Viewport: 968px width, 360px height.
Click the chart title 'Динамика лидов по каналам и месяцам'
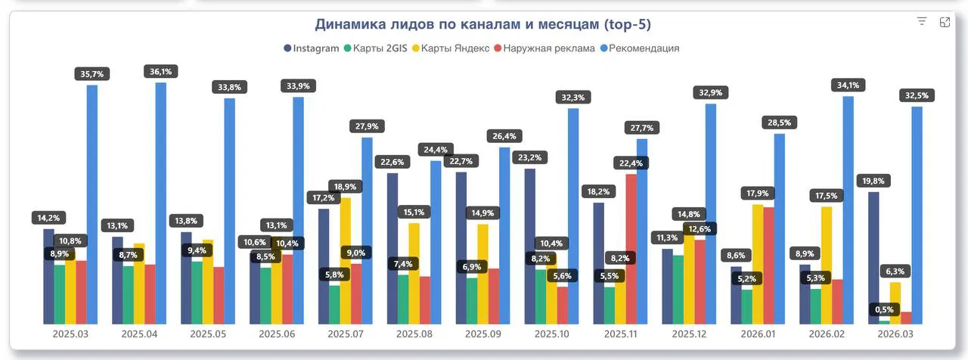[x=482, y=25]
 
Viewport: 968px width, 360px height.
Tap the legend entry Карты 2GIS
[x=376, y=48]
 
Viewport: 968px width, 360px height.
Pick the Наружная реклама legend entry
[x=544, y=48]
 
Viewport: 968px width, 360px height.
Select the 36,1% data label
[x=161, y=71]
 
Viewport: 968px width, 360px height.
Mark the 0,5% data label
[x=883, y=309]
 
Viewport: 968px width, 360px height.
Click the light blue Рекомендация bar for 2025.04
[x=161, y=204]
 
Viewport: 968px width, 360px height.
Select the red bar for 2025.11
[x=631, y=250]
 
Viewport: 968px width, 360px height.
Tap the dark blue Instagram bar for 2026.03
[x=873, y=257]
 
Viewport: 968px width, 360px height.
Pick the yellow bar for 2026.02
[x=827, y=265]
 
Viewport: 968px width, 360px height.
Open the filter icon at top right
[x=921, y=22]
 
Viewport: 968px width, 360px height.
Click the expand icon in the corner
[x=945, y=22]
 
